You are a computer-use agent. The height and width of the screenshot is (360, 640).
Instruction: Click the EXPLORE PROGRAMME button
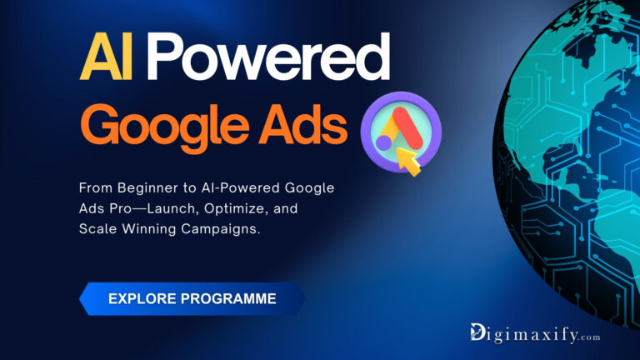[x=192, y=298]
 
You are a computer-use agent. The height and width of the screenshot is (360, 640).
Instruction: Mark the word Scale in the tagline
[x=99, y=227]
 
